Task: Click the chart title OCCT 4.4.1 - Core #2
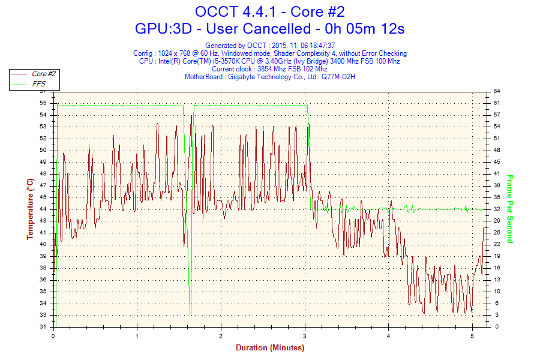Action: click(269, 11)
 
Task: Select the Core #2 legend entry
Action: click(44, 74)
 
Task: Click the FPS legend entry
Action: click(39, 84)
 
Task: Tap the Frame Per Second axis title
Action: click(510, 209)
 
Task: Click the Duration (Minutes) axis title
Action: click(269, 347)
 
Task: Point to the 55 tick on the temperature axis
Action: click(43, 103)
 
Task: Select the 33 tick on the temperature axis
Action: click(43, 315)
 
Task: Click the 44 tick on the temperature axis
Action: click(43, 209)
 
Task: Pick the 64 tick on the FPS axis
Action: click(497, 91)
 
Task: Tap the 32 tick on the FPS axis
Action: click(497, 209)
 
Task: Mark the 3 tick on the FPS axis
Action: click(497, 315)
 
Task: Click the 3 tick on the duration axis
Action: click(305, 336)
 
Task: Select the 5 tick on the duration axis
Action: click(472, 336)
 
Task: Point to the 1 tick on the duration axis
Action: click(137, 336)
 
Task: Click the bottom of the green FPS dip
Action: click(190, 313)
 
